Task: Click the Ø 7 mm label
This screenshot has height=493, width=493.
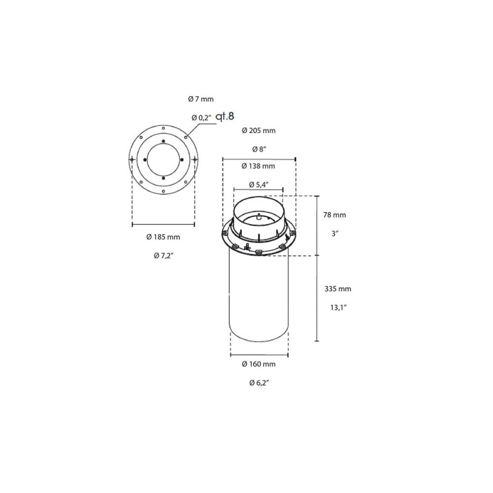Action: pos(200,99)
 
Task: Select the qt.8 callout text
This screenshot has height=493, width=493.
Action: pos(226,115)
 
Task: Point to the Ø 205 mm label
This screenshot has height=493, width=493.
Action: pos(258,130)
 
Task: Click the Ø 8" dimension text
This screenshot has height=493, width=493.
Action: pos(258,149)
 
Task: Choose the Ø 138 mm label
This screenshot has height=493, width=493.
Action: pos(258,166)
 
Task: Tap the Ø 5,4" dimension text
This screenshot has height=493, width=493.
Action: pos(258,184)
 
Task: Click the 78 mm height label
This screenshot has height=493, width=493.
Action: pos(335,215)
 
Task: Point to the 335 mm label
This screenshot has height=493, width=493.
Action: pos(336,288)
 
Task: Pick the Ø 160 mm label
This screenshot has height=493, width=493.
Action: pos(258,364)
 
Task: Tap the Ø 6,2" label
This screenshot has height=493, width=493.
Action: pos(258,383)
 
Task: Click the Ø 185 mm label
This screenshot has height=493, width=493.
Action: pos(163,237)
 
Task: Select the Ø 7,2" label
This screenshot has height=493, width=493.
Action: pos(163,255)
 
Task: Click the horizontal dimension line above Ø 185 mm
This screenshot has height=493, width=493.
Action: pos(163,224)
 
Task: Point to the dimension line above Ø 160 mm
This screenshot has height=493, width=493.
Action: pos(259,355)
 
